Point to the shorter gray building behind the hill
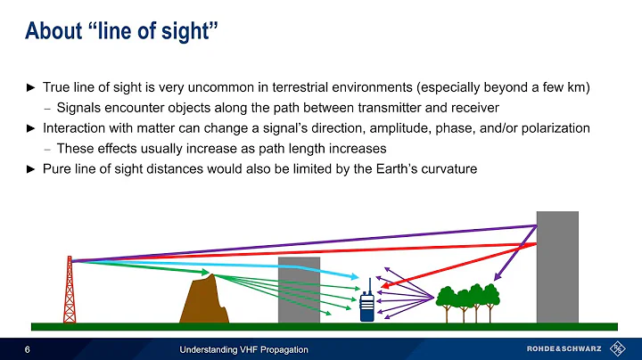pyautogui.click(x=298, y=290)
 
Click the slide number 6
pyautogui.click(x=29, y=348)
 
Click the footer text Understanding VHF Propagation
pyautogui.click(x=243, y=348)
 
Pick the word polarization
pyautogui.click(x=553, y=128)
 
